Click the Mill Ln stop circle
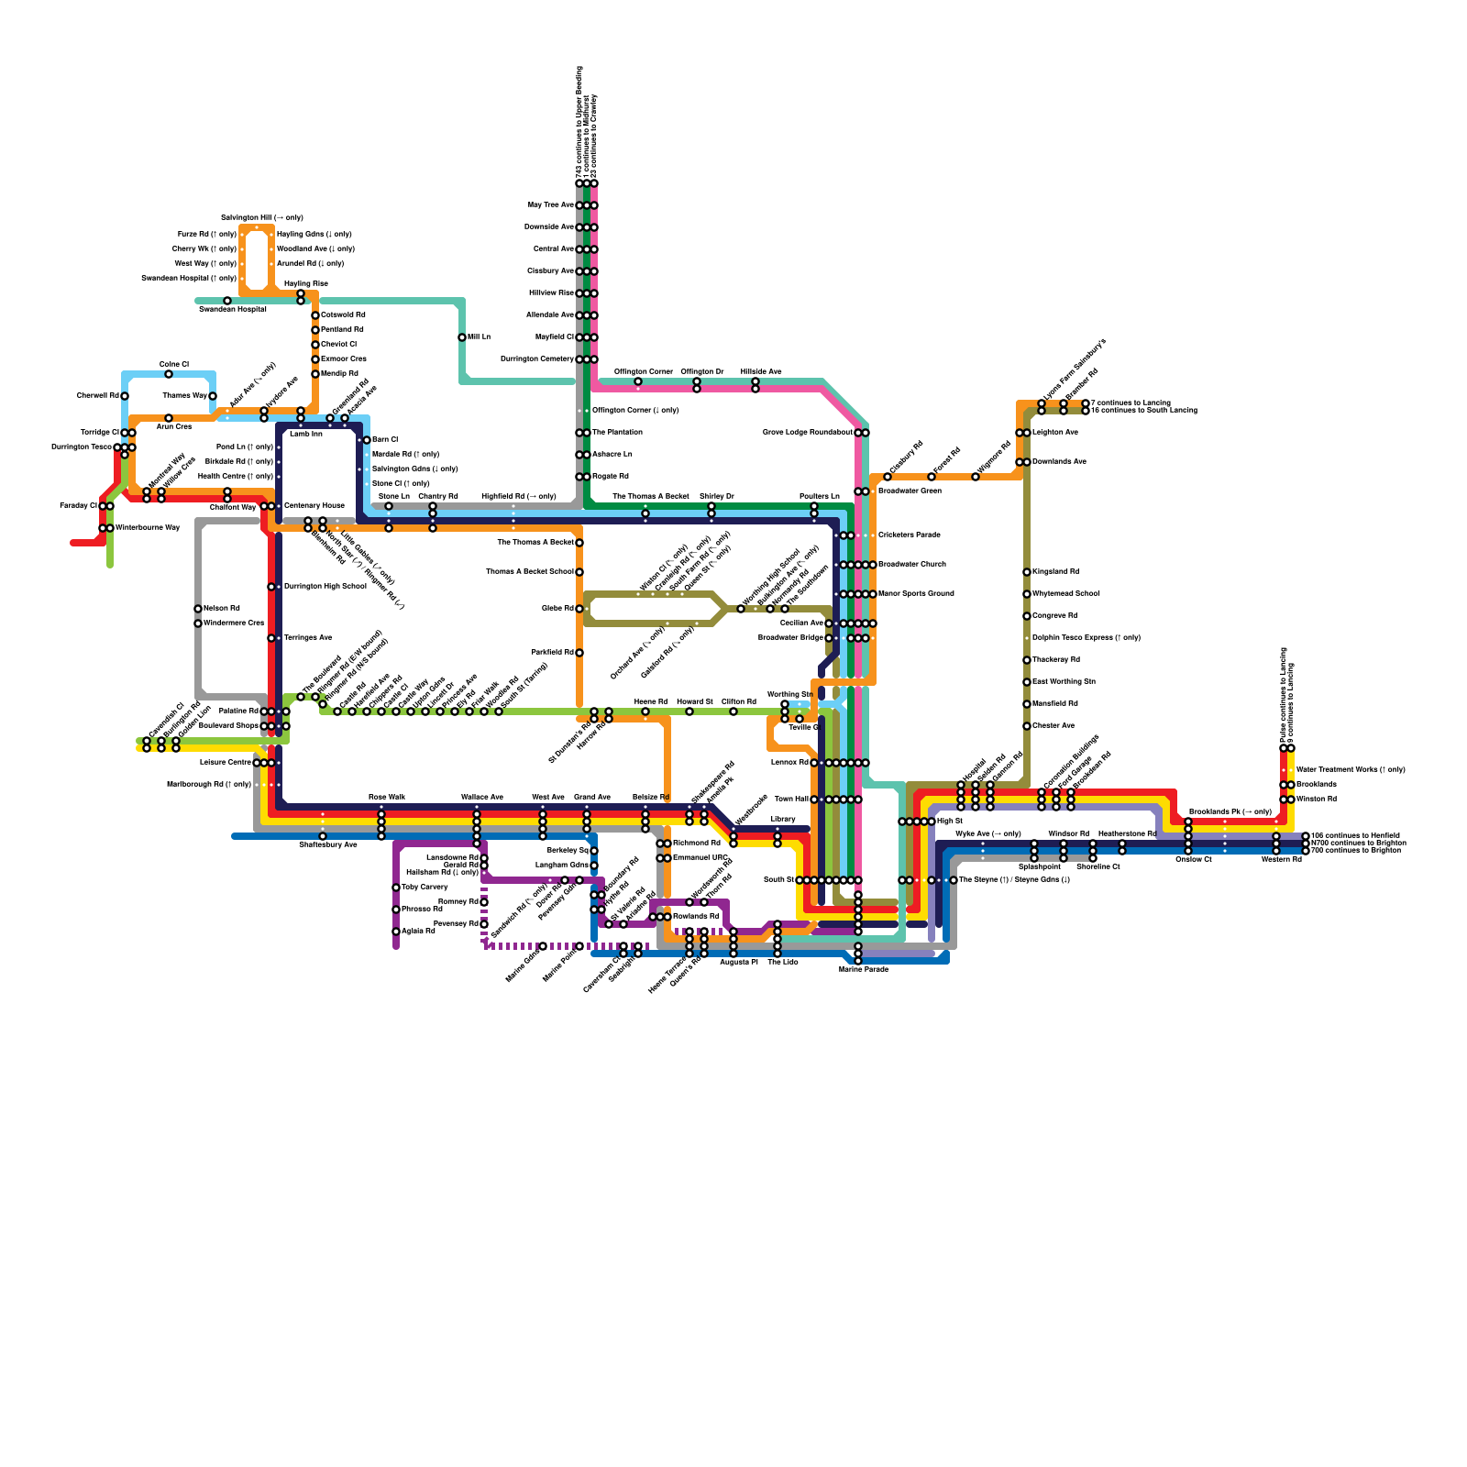pos(462,337)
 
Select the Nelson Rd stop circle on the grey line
pos(198,609)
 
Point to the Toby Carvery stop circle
pos(396,888)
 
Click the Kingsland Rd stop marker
pos(1027,572)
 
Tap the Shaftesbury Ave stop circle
pos(323,836)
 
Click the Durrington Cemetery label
pos(536,358)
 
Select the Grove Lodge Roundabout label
pos(807,432)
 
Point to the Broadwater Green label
pos(910,491)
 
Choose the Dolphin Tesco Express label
pos(1086,637)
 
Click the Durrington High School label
pos(325,586)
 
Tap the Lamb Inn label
pos(305,434)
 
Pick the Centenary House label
pos(314,505)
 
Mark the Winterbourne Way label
pos(147,528)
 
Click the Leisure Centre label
pos(225,762)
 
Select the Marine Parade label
pos(864,969)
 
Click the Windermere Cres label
pos(234,623)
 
